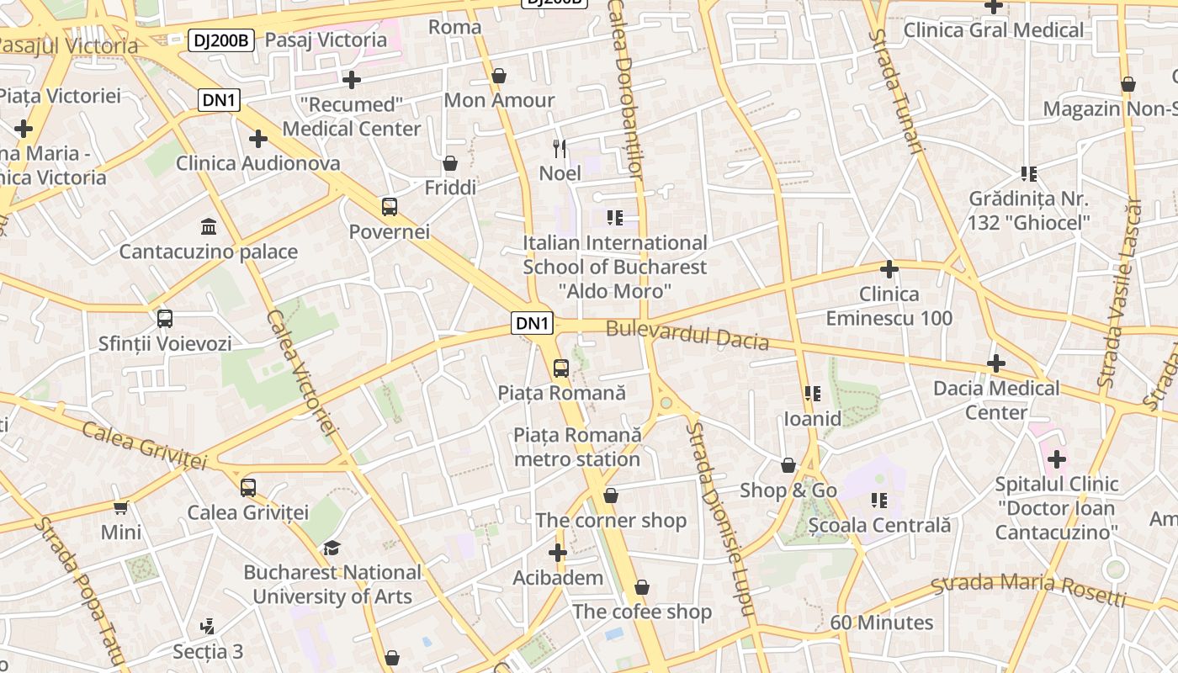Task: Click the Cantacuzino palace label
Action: [208, 252]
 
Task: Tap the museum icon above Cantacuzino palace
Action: [208, 226]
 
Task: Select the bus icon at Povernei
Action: [389, 206]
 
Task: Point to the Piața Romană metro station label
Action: [577, 447]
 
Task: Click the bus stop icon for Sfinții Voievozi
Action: [165, 319]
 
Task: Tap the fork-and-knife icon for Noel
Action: [560, 149]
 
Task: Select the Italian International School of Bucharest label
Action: [614, 267]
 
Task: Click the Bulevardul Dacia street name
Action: [687, 335]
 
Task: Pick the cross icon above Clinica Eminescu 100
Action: [889, 269]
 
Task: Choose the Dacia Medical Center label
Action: [996, 400]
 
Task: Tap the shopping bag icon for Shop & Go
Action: [788, 465]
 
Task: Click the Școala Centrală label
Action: [879, 525]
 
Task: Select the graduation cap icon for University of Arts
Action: [332, 548]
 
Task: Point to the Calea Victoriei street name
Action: [301, 371]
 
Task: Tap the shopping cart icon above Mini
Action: [121, 507]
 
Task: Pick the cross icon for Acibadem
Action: [557, 553]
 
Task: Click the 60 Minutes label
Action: [881, 623]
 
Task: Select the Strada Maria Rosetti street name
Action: [1028, 589]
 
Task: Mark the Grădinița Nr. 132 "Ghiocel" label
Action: [1028, 210]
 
